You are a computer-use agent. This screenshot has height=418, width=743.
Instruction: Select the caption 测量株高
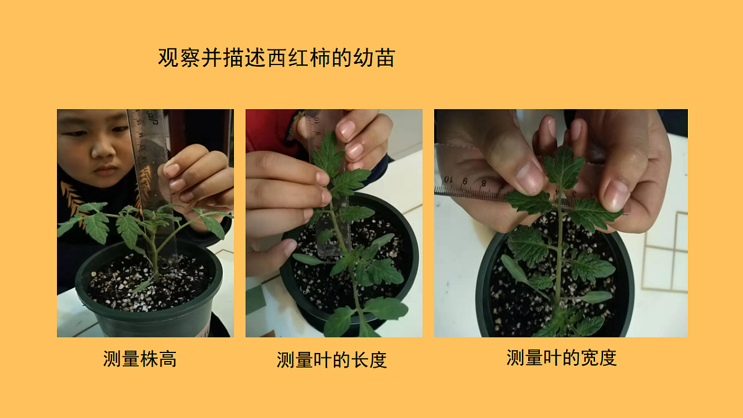click(x=140, y=359)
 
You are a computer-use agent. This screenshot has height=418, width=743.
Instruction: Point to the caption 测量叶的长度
click(x=332, y=360)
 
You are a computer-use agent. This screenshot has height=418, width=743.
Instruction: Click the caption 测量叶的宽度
click(x=562, y=357)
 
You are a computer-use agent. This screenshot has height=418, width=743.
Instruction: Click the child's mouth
click(x=105, y=168)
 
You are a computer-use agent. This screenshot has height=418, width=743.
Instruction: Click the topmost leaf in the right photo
click(x=563, y=166)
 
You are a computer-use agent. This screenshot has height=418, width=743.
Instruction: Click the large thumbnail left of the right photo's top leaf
click(x=530, y=177)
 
